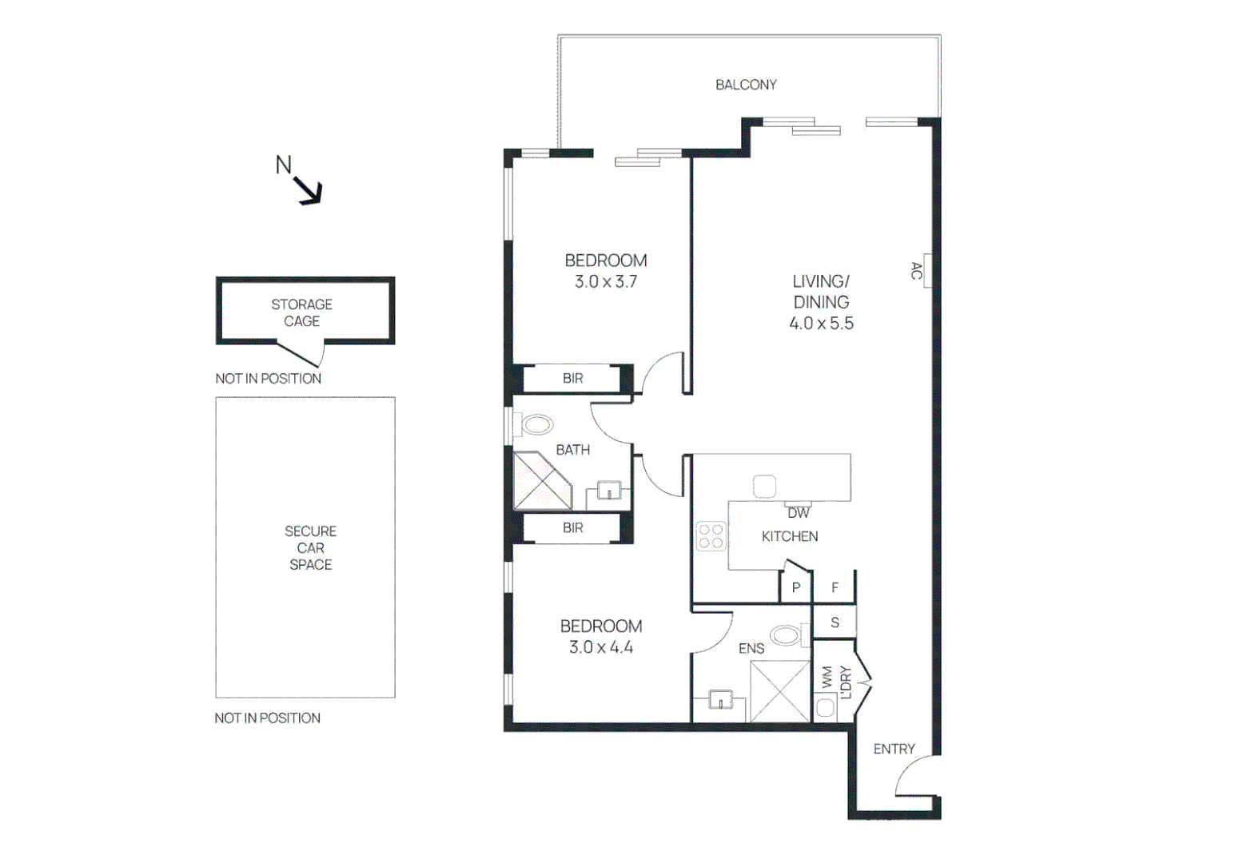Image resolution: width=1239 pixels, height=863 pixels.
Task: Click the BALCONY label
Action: pos(745,85)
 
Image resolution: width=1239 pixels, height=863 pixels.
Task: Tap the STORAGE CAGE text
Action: pos(301,312)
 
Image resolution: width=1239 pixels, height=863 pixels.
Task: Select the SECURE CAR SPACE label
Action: pos(310,547)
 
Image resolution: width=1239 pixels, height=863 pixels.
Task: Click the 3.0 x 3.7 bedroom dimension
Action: pos(605,282)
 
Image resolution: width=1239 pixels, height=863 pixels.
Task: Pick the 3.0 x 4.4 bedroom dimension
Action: pos(600,647)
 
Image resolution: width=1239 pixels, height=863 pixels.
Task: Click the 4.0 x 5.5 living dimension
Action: pos(821,324)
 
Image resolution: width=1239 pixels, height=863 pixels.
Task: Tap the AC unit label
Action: pos(917,271)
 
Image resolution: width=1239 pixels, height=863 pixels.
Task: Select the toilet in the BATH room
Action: pos(532,424)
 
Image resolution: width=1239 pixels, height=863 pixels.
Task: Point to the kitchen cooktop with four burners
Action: pos(711,535)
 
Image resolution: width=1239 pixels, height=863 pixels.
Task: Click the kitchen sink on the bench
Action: pos(764,486)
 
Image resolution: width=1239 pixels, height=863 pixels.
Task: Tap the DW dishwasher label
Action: pos(798,513)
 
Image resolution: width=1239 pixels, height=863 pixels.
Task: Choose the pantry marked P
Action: pos(795,587)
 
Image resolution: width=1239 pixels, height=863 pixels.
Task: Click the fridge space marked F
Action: pos(835,587)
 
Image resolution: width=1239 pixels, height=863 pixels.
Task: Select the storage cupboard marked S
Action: pos(835,622)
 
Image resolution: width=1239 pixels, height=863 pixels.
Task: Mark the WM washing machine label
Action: pos(827,677)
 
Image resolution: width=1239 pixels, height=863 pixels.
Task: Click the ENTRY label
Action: pos(894,749)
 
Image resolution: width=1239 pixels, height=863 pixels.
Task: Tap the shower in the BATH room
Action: pos(541,481)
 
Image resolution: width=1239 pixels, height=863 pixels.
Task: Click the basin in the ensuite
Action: pos(720,701)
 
